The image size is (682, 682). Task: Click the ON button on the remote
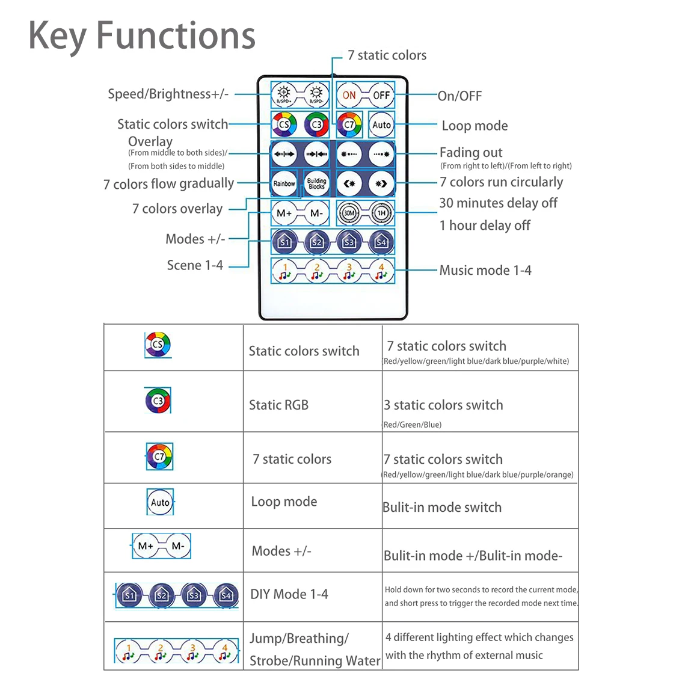(x=349, y=95)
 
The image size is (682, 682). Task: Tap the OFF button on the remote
(x=381, y=95)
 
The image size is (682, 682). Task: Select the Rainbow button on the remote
(x=284, y=183)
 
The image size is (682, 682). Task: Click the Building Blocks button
(x=316, y=183)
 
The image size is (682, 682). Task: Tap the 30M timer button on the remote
(x=349, y=213)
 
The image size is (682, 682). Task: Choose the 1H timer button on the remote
(x=381, y=213)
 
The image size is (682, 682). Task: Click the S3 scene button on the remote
(x=349, y=242)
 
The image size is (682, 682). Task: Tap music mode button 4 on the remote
(x=381, y=271)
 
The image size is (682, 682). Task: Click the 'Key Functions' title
(x=142, y=35)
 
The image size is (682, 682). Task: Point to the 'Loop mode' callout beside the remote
(x=475, y=126)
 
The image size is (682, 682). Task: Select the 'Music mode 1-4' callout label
(x=485, y=270)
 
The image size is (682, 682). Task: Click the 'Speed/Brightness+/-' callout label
(x=168, y=94)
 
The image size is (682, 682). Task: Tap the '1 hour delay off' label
(x=485, y=226)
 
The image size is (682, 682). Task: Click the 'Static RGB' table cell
(x=278, y=405)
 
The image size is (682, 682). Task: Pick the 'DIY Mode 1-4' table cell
(x=289, y=594)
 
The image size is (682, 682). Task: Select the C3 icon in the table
(x=158, y=401)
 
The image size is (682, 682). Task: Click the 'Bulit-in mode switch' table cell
(x=442, y=507)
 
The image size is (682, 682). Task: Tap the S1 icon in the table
(x=129, y=595)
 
